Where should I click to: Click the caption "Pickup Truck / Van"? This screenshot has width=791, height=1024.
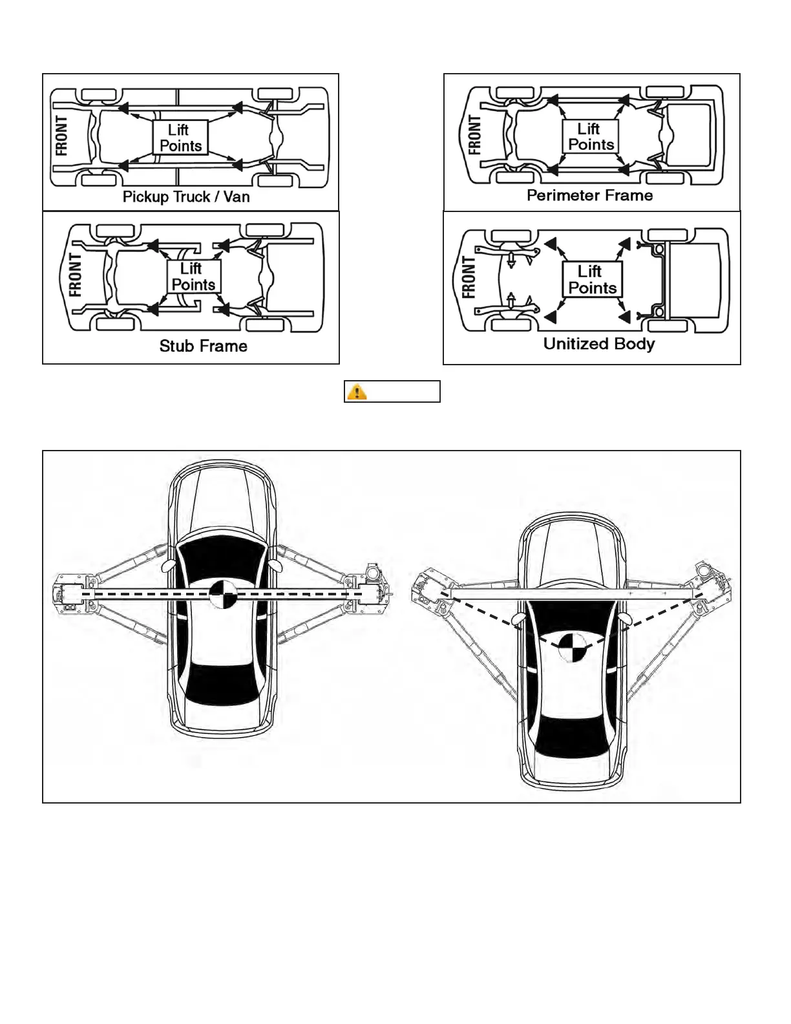click(x=186, y=197)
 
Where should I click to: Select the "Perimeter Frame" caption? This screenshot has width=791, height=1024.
click(x=589, y=195)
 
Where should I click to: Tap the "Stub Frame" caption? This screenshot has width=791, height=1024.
click(x=203, y=346)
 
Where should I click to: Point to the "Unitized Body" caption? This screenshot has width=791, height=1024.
click(x=598, y=343)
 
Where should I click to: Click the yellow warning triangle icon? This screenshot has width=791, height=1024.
click(x=357, y=392)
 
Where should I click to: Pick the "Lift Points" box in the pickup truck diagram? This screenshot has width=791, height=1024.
click(x=180, y=138)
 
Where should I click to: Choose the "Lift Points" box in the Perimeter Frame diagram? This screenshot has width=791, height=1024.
click(x=591, y=136)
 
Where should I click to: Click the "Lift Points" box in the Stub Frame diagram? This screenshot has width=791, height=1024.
click(x=193, y=277)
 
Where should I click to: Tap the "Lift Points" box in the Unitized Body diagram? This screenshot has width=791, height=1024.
click(x=592, y=279)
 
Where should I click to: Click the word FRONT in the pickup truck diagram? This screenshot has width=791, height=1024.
click(x=61, y=136)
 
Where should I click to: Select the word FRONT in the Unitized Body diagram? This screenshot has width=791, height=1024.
click(x=469, y=278)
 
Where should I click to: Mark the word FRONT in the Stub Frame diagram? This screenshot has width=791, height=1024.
click(x=75, y=275)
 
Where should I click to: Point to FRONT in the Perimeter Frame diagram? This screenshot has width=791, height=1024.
click(x=474, y=135)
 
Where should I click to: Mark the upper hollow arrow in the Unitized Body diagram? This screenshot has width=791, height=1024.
click(x=511, y=260)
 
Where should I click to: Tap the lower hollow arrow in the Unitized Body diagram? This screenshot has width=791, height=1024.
click(x=511, y=300)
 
